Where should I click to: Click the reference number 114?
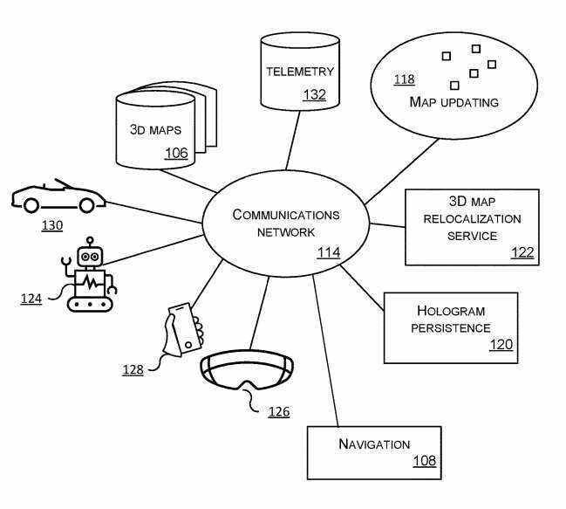coord(328,253)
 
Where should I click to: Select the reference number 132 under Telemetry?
coord(314,94)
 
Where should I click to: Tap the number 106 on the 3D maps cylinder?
coord(176,154)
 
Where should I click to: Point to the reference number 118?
coord(404,79)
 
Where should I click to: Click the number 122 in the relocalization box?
coord(522,252)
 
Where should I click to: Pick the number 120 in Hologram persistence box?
coord(501,345)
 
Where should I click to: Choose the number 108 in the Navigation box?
coord(425,461)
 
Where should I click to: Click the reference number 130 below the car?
coord(52,225)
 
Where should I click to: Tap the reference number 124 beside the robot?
coord(31,299)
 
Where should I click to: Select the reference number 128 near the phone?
coord(133,369)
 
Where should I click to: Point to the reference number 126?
coord(278,411)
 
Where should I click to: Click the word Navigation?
coord(374,444)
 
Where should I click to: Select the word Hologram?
coord(450,311)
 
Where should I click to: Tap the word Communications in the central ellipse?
coord(286,215)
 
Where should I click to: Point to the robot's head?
coord(91,256)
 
